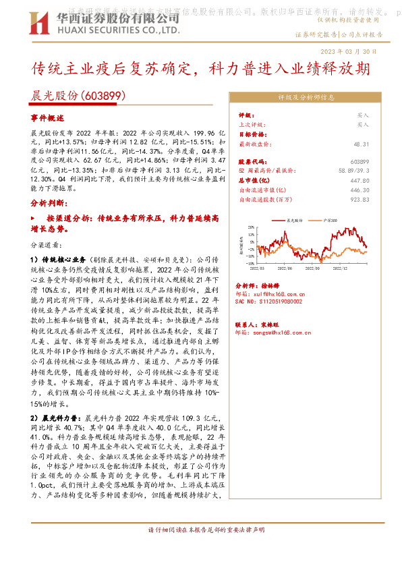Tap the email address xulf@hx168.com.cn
pyautogui.click(x=279, y=293)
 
